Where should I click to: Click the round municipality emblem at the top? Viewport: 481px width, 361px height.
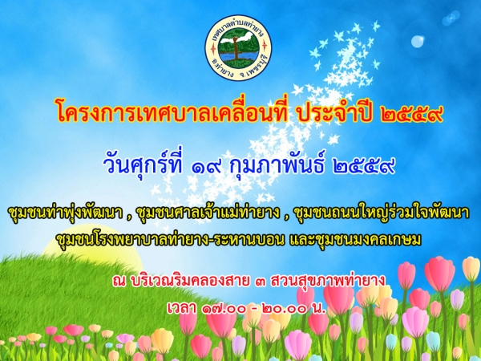click(x=238, y=47)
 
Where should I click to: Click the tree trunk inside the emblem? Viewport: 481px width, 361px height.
click(x=236, y=48)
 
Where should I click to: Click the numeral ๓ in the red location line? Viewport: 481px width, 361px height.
click(x=260, y=282)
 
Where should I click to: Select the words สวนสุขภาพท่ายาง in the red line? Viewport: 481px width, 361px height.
click(x=327, y=280)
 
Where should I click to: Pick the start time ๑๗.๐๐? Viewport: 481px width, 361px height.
click(x=224, y=309)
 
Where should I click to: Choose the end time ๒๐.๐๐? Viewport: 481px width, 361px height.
click(x=285, y=309)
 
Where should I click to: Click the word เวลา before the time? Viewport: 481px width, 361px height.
click(x=182, y=308)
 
